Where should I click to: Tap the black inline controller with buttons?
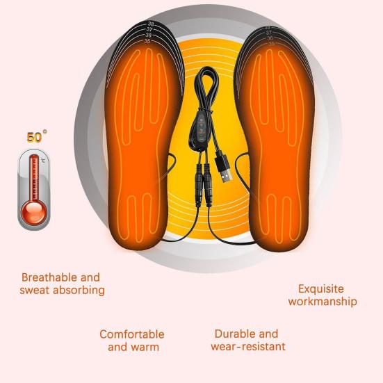click(x=200, y=129)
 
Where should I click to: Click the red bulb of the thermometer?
click(x=34, y=212)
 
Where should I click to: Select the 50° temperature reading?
click(x=36, y=136)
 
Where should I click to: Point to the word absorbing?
click(x=79, y=290)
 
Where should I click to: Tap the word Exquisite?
click(x=320, y=289)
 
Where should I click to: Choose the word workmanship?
click(x=323, y=301)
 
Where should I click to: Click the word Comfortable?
click(x=132, y=334)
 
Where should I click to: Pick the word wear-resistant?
click(x=248, y=347)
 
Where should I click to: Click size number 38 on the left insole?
click(x=151, y=24)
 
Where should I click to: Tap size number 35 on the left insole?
click(x=147, y=41)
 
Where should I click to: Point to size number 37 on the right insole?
click(x=268, y=33)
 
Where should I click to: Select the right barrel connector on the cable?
click(x=208, y=185)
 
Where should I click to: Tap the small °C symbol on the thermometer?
click(x=42, y=161)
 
